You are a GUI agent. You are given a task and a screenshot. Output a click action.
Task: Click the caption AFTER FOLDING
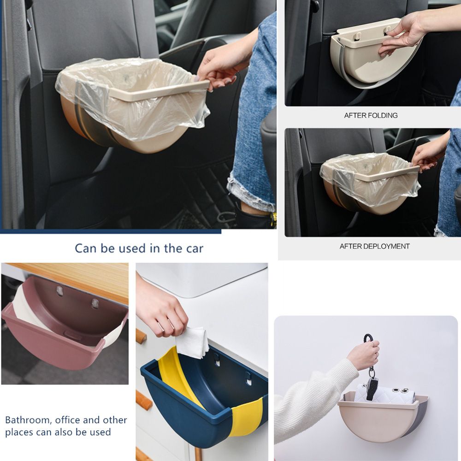pyautogui.click(x=371, y=115)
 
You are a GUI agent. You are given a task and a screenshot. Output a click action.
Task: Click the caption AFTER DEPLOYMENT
pyautogui.click(x=374, y=246)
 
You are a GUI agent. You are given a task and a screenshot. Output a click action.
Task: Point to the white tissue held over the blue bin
pyautogui.click(x=193, y=342)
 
